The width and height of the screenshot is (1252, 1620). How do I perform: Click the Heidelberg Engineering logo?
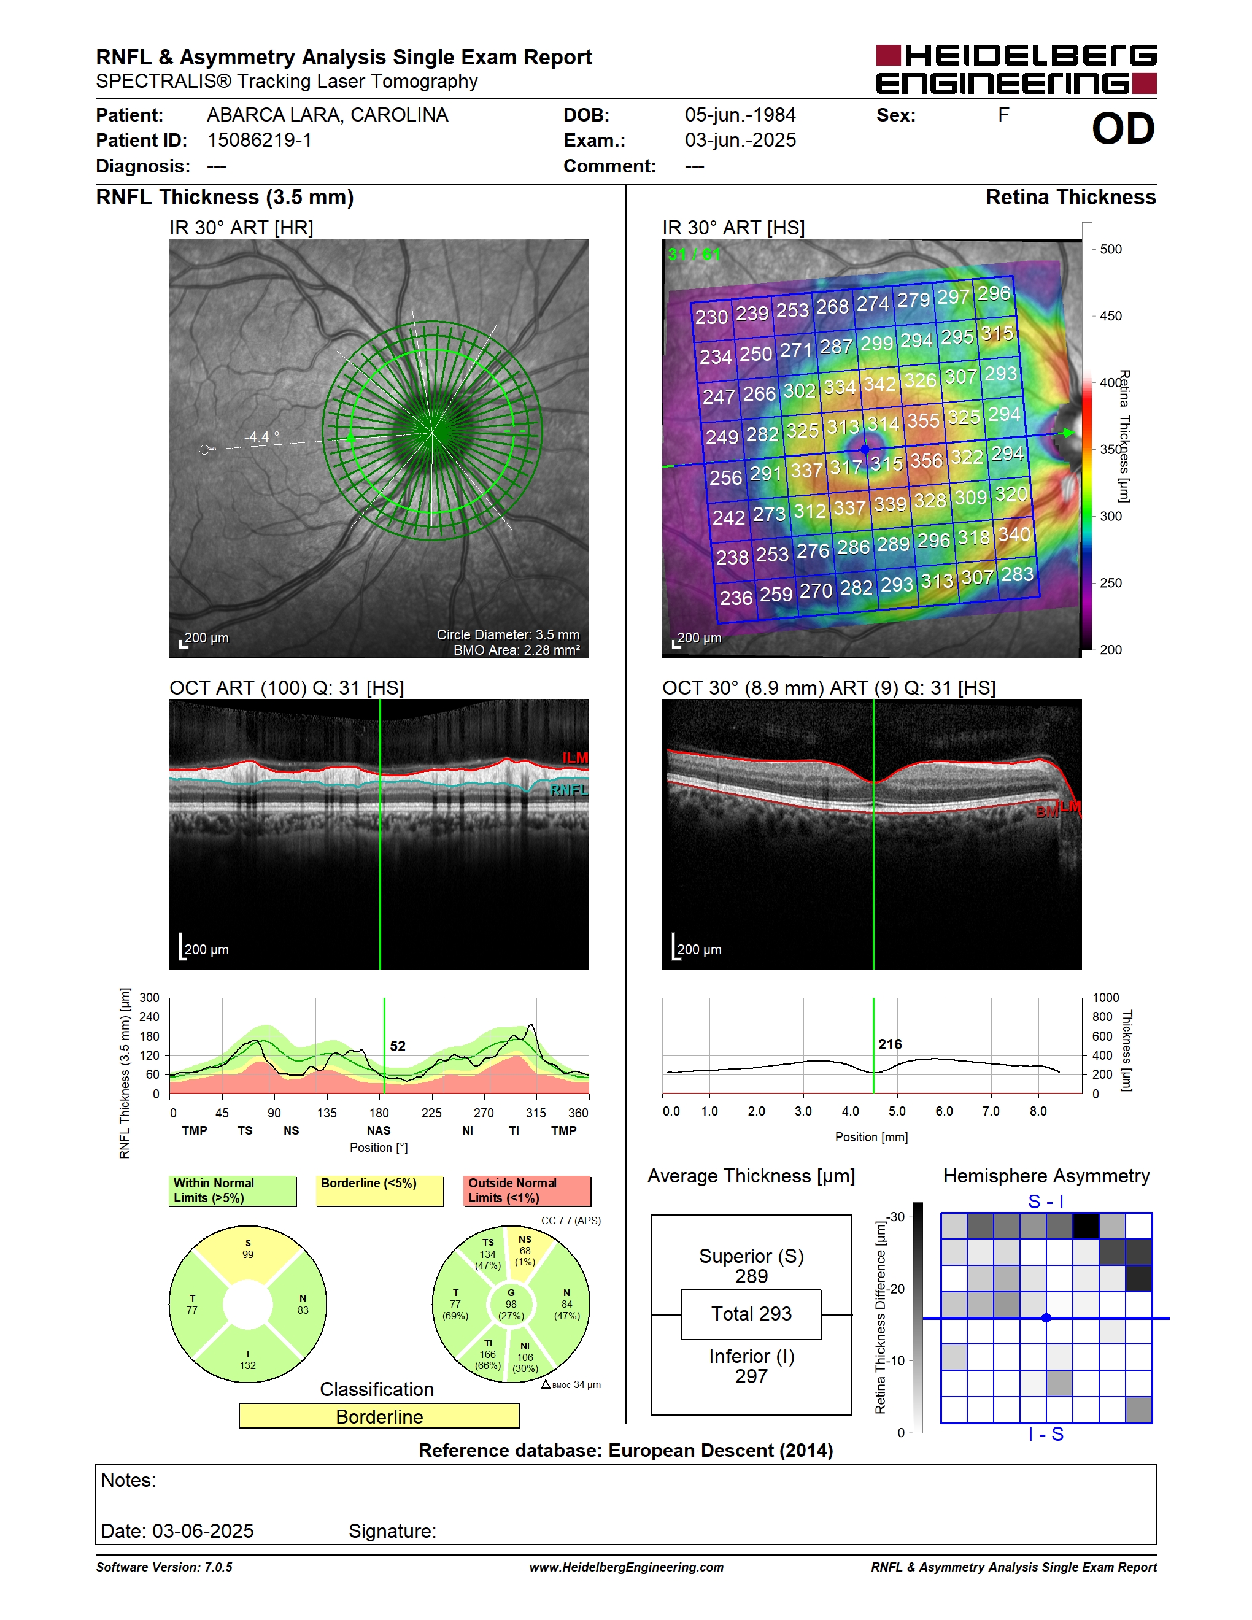point(1016,69)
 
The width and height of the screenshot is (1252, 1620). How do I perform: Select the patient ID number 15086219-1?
point(260,140)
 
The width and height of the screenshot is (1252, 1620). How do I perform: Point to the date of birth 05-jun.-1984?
point(740,115)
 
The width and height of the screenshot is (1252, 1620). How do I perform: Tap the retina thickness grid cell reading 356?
point(926,461)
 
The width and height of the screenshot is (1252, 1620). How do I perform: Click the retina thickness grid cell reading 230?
point(711,317)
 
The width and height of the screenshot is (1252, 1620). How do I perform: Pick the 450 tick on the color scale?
point(1110,316)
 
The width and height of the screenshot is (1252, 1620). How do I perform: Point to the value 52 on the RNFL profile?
point(398,1046)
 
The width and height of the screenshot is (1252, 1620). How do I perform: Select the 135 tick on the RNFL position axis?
point(327,1113)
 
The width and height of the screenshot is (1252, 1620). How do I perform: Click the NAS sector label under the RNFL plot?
point(378,1130)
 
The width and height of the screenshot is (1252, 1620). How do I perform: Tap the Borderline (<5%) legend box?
point(380,1190)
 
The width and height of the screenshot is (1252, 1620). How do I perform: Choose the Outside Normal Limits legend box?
point(527,1190)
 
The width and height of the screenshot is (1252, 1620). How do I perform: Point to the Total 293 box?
point(751,1314)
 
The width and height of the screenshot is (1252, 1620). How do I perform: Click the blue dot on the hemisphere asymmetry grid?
point(1046,1318)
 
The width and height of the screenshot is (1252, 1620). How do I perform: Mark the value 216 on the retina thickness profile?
point(890,1044)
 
